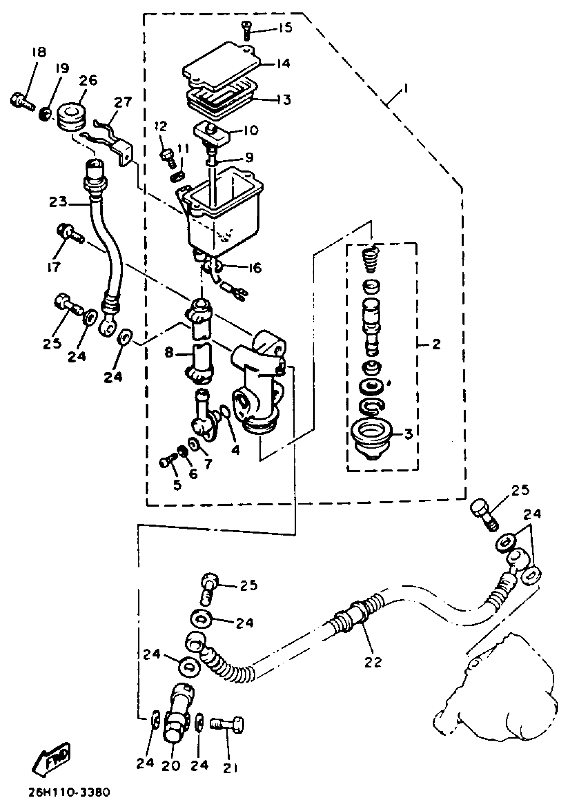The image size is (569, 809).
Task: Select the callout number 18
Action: (39, 53)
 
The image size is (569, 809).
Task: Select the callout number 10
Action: (250, 131)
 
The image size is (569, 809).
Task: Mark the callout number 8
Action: (169, 353)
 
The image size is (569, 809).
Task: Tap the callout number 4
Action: (235, 450)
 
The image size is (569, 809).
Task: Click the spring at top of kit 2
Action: (370, 259)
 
